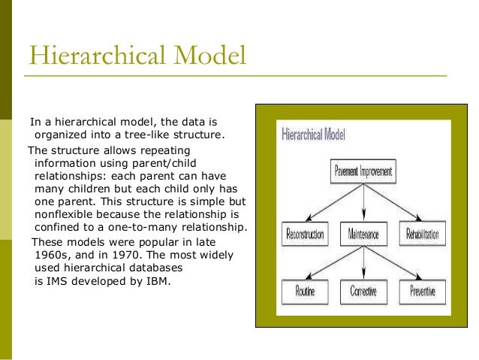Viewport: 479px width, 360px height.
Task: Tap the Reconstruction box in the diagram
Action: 305,234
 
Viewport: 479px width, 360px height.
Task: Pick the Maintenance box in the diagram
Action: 363,234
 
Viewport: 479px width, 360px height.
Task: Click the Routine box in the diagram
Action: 305,291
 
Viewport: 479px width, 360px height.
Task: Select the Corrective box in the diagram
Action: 363,291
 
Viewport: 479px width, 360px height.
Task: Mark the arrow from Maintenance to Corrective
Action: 363,262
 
